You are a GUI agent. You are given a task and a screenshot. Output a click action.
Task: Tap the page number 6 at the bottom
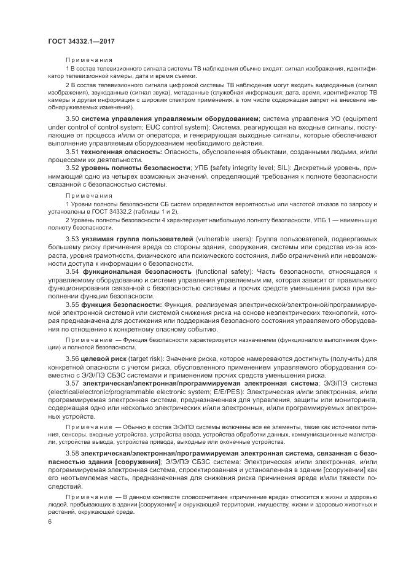pyautogui.click(x=50, y=522)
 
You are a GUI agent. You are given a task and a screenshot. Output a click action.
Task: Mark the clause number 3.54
pyautogui.click(x=72, y=271)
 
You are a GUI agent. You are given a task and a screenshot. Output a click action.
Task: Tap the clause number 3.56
pyautogui.click(x=72, y=358)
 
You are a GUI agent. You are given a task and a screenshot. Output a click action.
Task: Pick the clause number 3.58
pyautogui.click(x=72, y=452)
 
